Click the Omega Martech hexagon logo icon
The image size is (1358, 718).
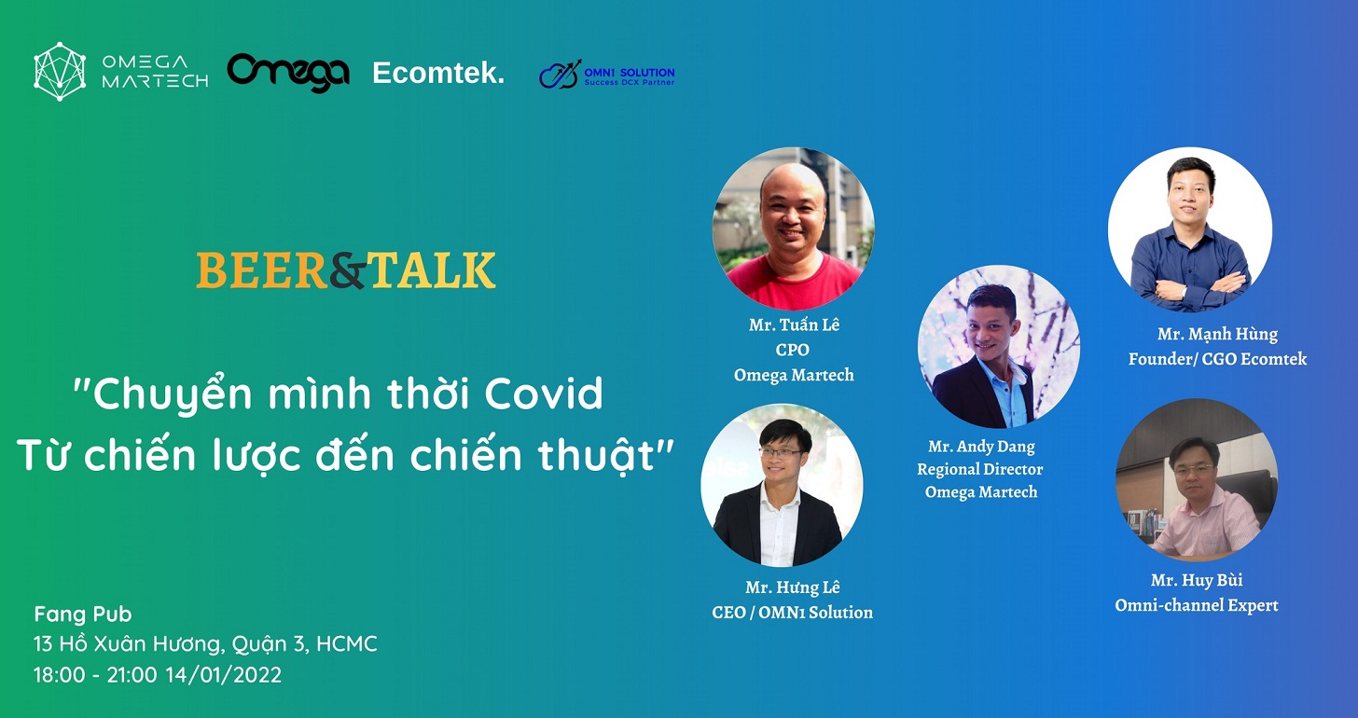coord(60,72)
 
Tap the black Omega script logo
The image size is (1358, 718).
coord(288,73)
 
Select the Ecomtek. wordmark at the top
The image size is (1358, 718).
coord(438,73)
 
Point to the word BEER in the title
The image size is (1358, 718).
coord(262,270)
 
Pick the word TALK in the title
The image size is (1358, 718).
coord(432,270)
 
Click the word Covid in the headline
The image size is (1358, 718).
coord(544,394)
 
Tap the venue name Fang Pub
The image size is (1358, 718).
coord(82,614)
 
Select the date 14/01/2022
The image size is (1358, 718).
coord(224,674)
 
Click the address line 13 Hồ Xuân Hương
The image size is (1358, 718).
coord(128,642)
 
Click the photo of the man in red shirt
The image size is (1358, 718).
coord(793,228)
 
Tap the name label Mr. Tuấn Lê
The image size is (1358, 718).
coord(794,324)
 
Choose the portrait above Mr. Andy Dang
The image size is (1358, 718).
coord(999,347)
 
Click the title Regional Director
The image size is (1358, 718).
coord(979,469)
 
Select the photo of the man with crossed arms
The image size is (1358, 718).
coord(1190,229)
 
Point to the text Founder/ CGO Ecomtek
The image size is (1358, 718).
coord(1217,359)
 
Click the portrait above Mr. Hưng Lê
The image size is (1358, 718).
coord(782,485)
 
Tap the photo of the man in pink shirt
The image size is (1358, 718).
coord(1197,479)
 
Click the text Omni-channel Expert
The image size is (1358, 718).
coord(1197,605)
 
